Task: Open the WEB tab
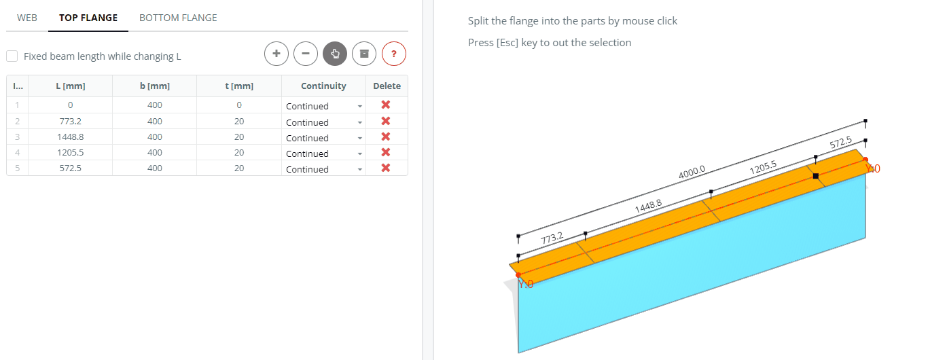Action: tap(27, 18)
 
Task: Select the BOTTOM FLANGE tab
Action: tap(178, 18)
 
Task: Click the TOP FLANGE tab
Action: tap(88, 18)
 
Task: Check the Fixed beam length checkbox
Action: tap(12, 56)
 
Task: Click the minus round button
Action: tap(306, 54)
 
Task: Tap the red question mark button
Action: tap(393, 54)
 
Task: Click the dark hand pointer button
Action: tap(335, 54)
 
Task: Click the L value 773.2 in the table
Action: tap(70, 122)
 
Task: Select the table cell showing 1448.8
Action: tap(70, 137)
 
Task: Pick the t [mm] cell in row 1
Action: tap(239, 105)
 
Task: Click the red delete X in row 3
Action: tap(386, 137)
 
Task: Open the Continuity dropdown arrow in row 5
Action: tap(360, 169)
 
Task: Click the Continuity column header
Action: tap(323, 86)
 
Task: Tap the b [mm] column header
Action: tap(155, 86)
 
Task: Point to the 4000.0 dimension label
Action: tap(692, 172)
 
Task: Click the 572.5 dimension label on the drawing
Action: tap(840, 143)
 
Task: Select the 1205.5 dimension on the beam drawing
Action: tap(763, 167)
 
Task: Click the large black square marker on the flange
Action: tap(816, 176)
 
